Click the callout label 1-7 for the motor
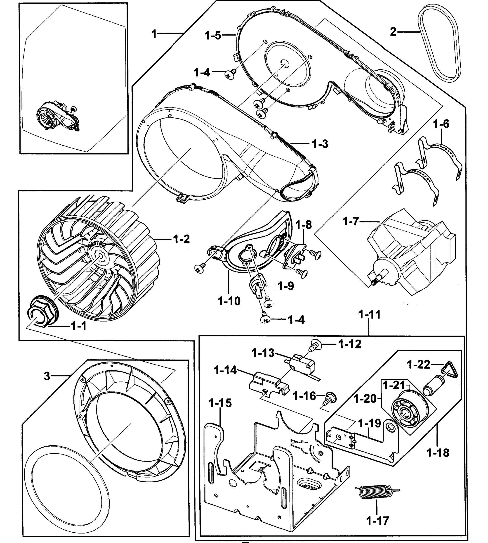coord(350,221)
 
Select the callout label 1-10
coord(229,301)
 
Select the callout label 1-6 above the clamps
coord(441,124)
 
